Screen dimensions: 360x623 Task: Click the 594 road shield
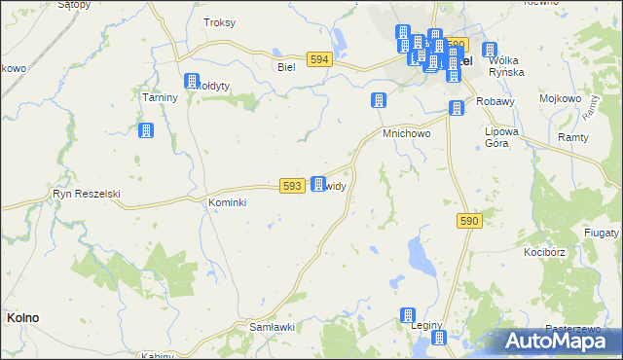pos(318,59)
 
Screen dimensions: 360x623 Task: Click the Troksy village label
pos(219,21)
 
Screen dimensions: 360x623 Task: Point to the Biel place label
pos(286,67)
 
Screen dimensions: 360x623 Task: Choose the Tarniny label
pos(159,98)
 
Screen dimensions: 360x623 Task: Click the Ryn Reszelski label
pos(86,194)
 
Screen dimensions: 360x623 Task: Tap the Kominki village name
pos(228,202)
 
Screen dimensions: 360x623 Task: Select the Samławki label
pos(272,327)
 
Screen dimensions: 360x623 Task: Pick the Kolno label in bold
pos(22,317)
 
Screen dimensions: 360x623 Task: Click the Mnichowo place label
pos(406,132)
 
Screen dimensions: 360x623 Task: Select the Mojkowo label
pos(560,99)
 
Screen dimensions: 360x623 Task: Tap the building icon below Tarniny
pos(146,131)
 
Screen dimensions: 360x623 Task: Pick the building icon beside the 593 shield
pos(317,183)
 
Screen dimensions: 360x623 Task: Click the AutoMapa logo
pos(561,341)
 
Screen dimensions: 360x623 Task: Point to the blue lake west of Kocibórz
pos(421,256)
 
